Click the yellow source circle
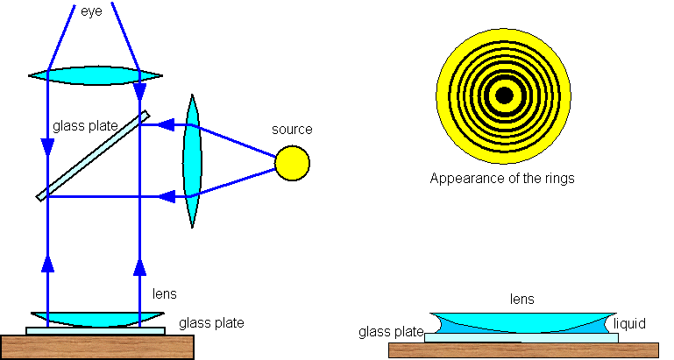(292, 162)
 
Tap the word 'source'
(291, 130)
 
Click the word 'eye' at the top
(91, 14)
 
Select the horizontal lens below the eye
(95, 76)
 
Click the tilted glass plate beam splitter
(93, 155)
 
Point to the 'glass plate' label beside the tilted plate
(84, 126)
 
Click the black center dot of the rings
(504, 95)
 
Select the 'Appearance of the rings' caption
(502, 179)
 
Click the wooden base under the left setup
(96, 347)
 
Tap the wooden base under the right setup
(522, 350)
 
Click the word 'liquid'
(629, 324)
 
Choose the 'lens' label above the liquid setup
(522, 300)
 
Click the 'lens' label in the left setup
(165, 295)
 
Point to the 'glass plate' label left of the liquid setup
(391, 332)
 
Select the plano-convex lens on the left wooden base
(96, 319)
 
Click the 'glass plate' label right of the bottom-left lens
(211, 323)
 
